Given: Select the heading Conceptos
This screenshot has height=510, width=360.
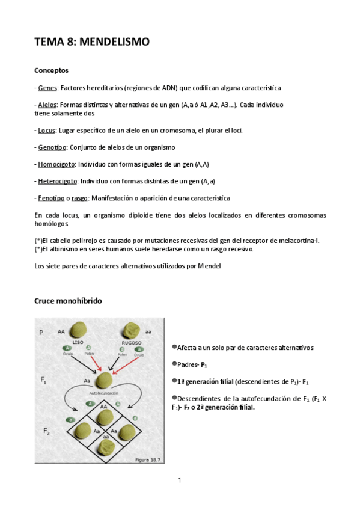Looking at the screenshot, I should [x=51, y=70].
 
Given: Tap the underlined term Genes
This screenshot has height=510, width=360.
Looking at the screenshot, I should [x=47, y=88].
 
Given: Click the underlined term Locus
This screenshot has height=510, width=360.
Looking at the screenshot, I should [x=47, y=130].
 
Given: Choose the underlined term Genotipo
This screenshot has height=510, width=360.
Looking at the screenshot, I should [x=52, y=147].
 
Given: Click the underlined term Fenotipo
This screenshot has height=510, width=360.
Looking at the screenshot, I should [x=51, y=198].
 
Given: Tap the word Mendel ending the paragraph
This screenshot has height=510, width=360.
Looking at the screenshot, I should [x=210, y=266].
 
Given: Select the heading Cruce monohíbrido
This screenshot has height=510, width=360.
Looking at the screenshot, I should [x=68, y=300].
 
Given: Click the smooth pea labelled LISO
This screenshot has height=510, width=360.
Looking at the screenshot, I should [x=78, y=330].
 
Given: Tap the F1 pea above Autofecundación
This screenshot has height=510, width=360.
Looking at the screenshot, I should [x=105, y=379].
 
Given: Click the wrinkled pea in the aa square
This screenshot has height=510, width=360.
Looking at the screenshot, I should [x=106, y=448].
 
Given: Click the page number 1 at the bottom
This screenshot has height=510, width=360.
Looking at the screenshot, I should [x=180, y=480].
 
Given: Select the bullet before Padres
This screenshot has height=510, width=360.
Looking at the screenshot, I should [x=174, y=363].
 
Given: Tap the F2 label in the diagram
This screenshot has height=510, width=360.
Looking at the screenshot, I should [x=46, y=431].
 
